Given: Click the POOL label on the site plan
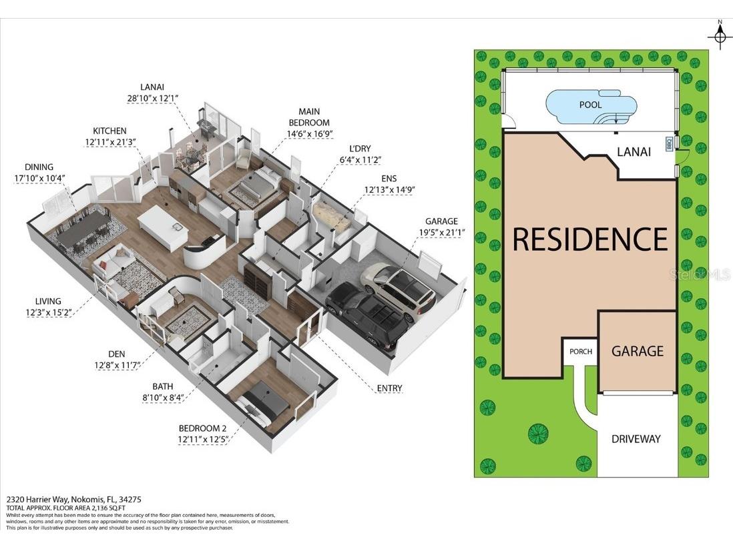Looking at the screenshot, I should click(x=590, y=105).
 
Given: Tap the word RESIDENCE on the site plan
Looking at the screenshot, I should click(x=590, y=239).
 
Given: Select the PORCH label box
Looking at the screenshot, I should click(x=580, y=352).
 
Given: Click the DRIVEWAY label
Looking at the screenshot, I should click(x=636, y=438).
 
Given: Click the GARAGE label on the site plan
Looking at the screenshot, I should click(x=638, y=351).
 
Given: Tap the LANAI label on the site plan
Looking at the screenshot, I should click(x=633, y=151).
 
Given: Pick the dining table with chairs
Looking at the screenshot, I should click(x=84, y=230).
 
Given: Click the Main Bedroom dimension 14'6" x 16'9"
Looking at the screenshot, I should click(x=309, y=133).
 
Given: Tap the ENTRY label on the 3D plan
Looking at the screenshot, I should click(x=389, y=388).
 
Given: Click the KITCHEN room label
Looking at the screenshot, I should click(x=109, y=131).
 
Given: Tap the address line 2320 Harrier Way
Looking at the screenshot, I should click(x=74, y=499).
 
